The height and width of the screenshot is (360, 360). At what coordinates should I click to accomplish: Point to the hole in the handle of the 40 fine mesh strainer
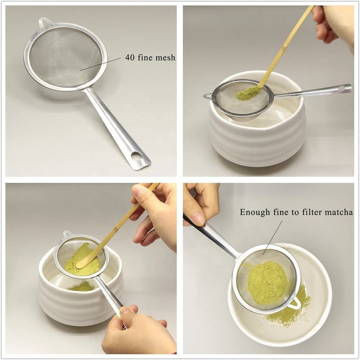click(137, 156)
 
